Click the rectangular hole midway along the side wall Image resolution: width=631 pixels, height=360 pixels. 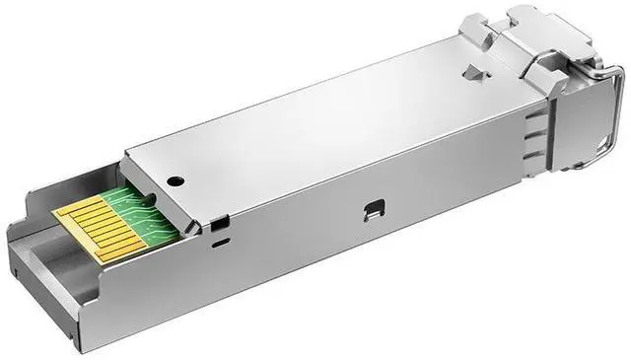(x=373, y=209)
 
